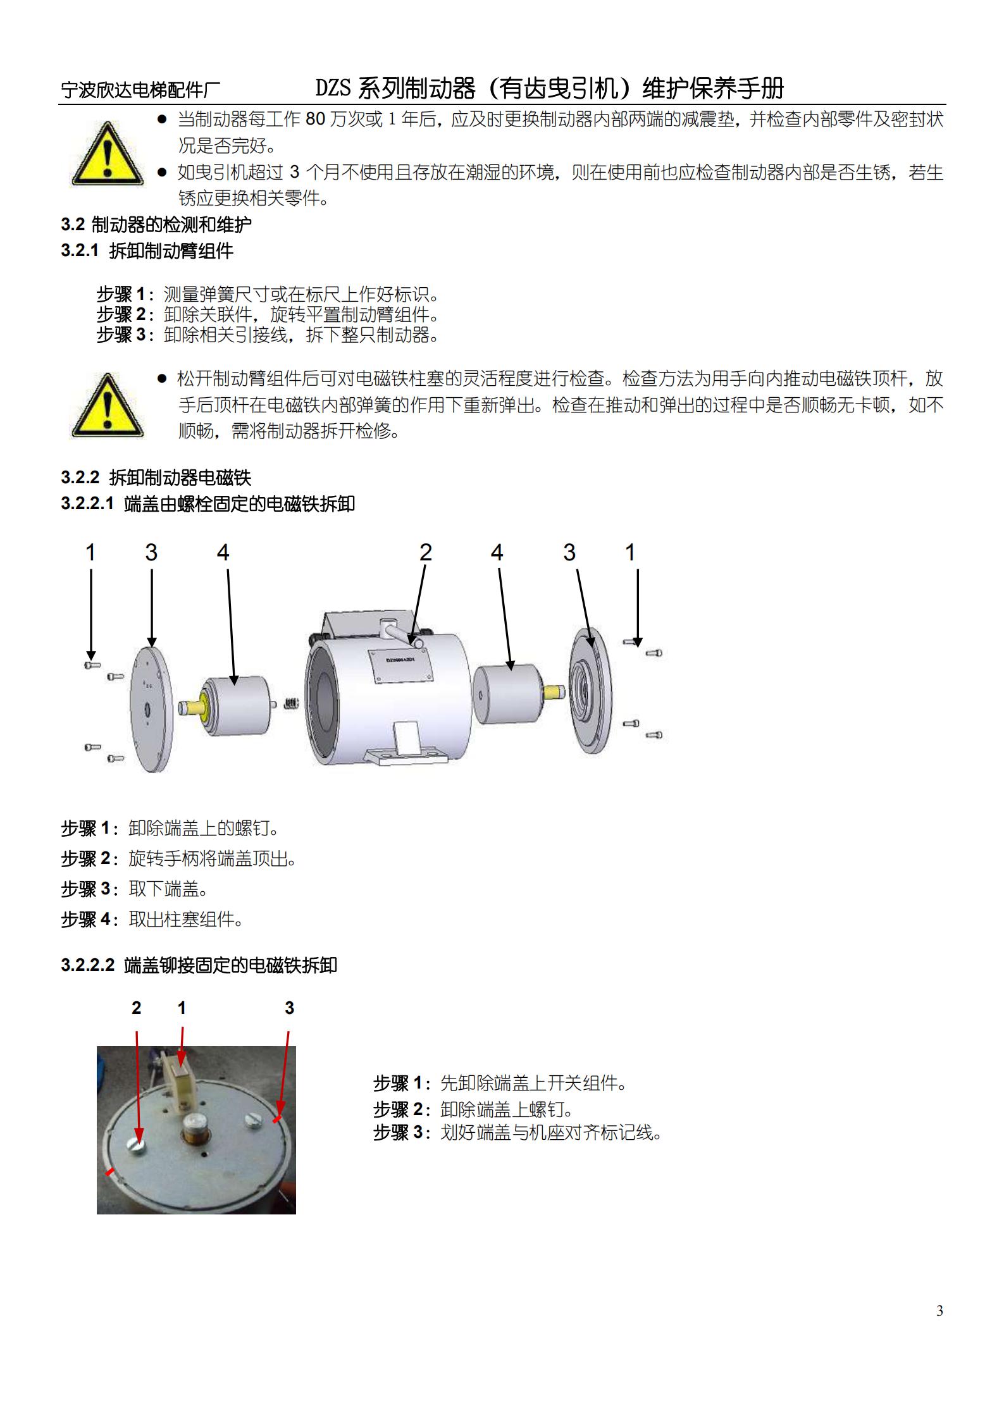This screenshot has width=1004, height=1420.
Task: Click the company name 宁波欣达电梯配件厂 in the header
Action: (140, 90)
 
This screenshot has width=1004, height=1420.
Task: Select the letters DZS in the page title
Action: (333, 88)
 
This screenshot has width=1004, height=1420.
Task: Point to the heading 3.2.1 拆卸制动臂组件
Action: (147, 251)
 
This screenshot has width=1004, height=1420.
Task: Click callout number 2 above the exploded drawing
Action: (425, 552)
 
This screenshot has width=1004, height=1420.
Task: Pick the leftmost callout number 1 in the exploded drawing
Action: (90, 552)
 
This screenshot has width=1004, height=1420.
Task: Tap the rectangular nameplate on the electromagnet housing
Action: (400, 665)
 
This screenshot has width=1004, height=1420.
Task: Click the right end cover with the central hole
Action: (590, 691)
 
